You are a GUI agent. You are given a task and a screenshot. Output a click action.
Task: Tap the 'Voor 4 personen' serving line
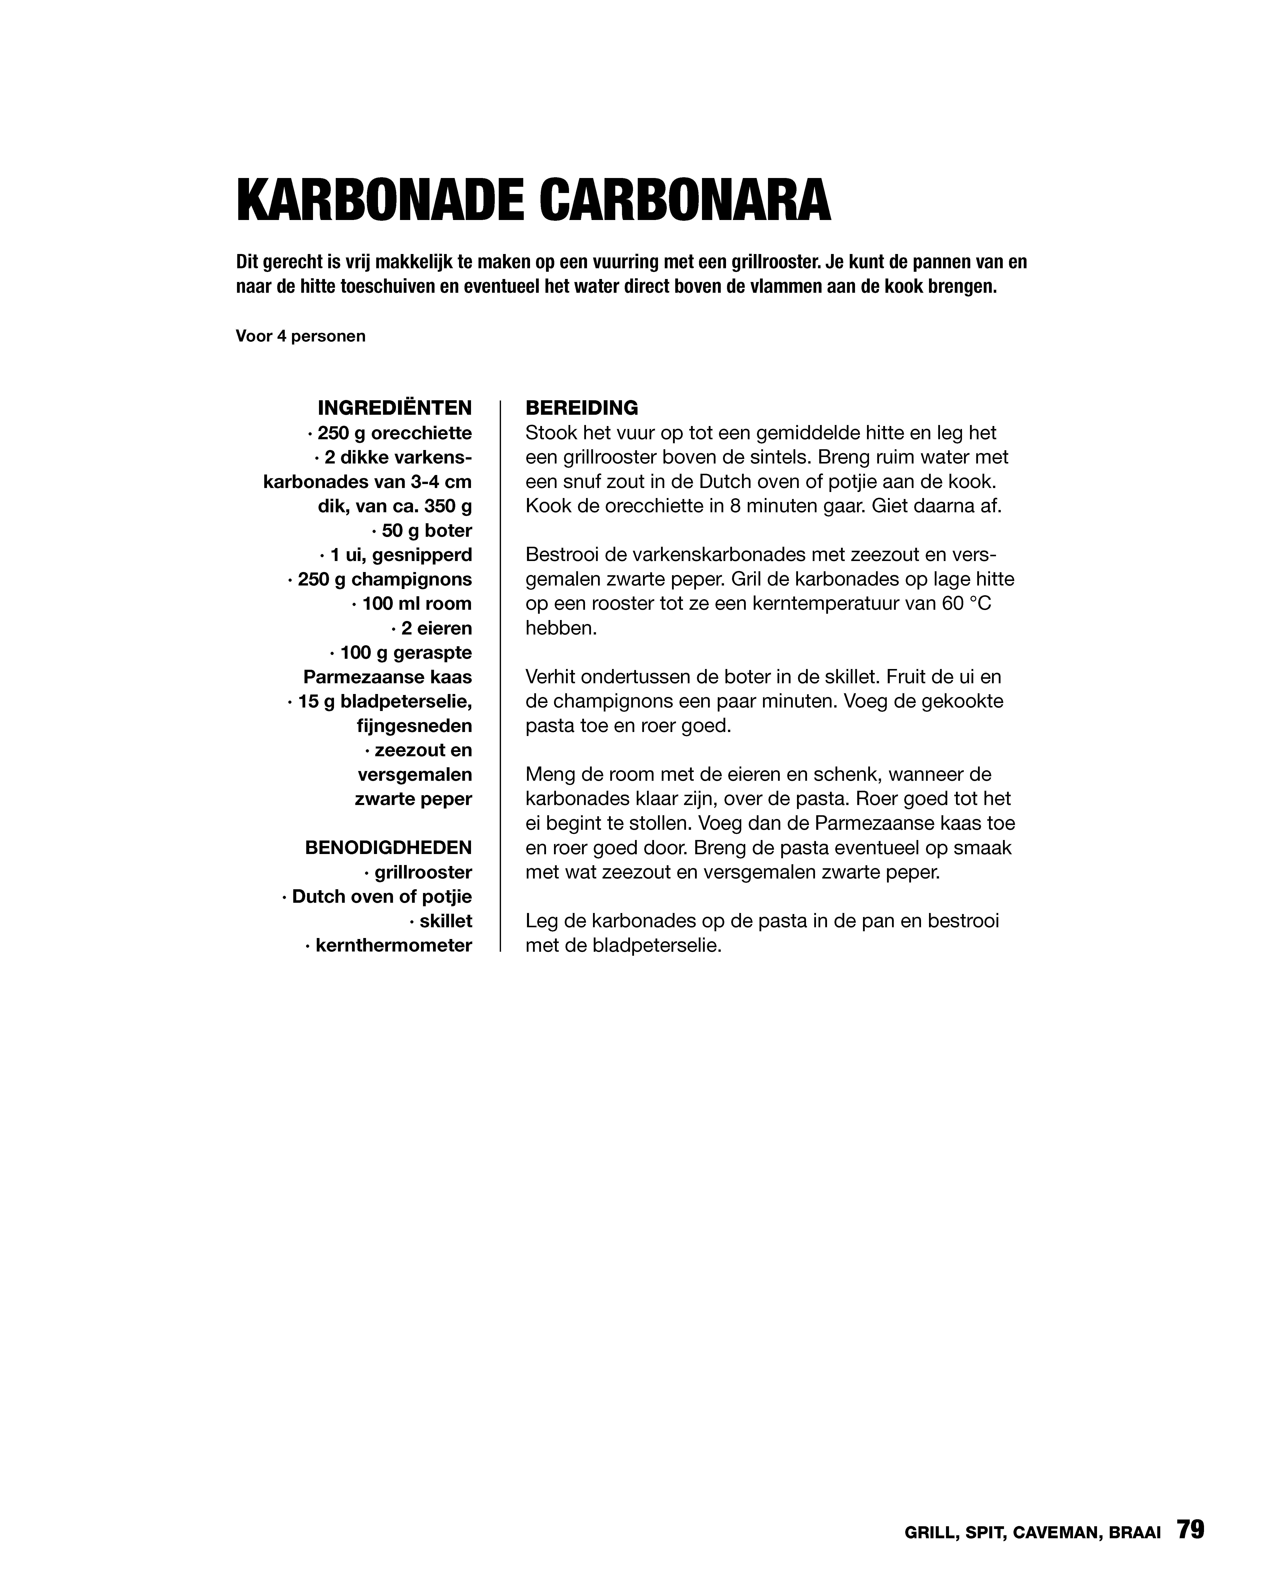pyautogui.click(x=300, y=336)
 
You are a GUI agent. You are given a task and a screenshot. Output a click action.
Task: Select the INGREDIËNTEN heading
pyautogui.click(x=395, y=407)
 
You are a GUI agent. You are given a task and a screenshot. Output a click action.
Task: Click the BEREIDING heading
pyautogui.click(x=582, y=407)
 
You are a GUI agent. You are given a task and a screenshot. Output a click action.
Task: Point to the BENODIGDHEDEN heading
pyautogui.click(x=388, y=848)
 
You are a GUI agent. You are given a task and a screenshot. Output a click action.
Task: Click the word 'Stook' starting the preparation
pyautogui.click(x=552, y=433)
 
